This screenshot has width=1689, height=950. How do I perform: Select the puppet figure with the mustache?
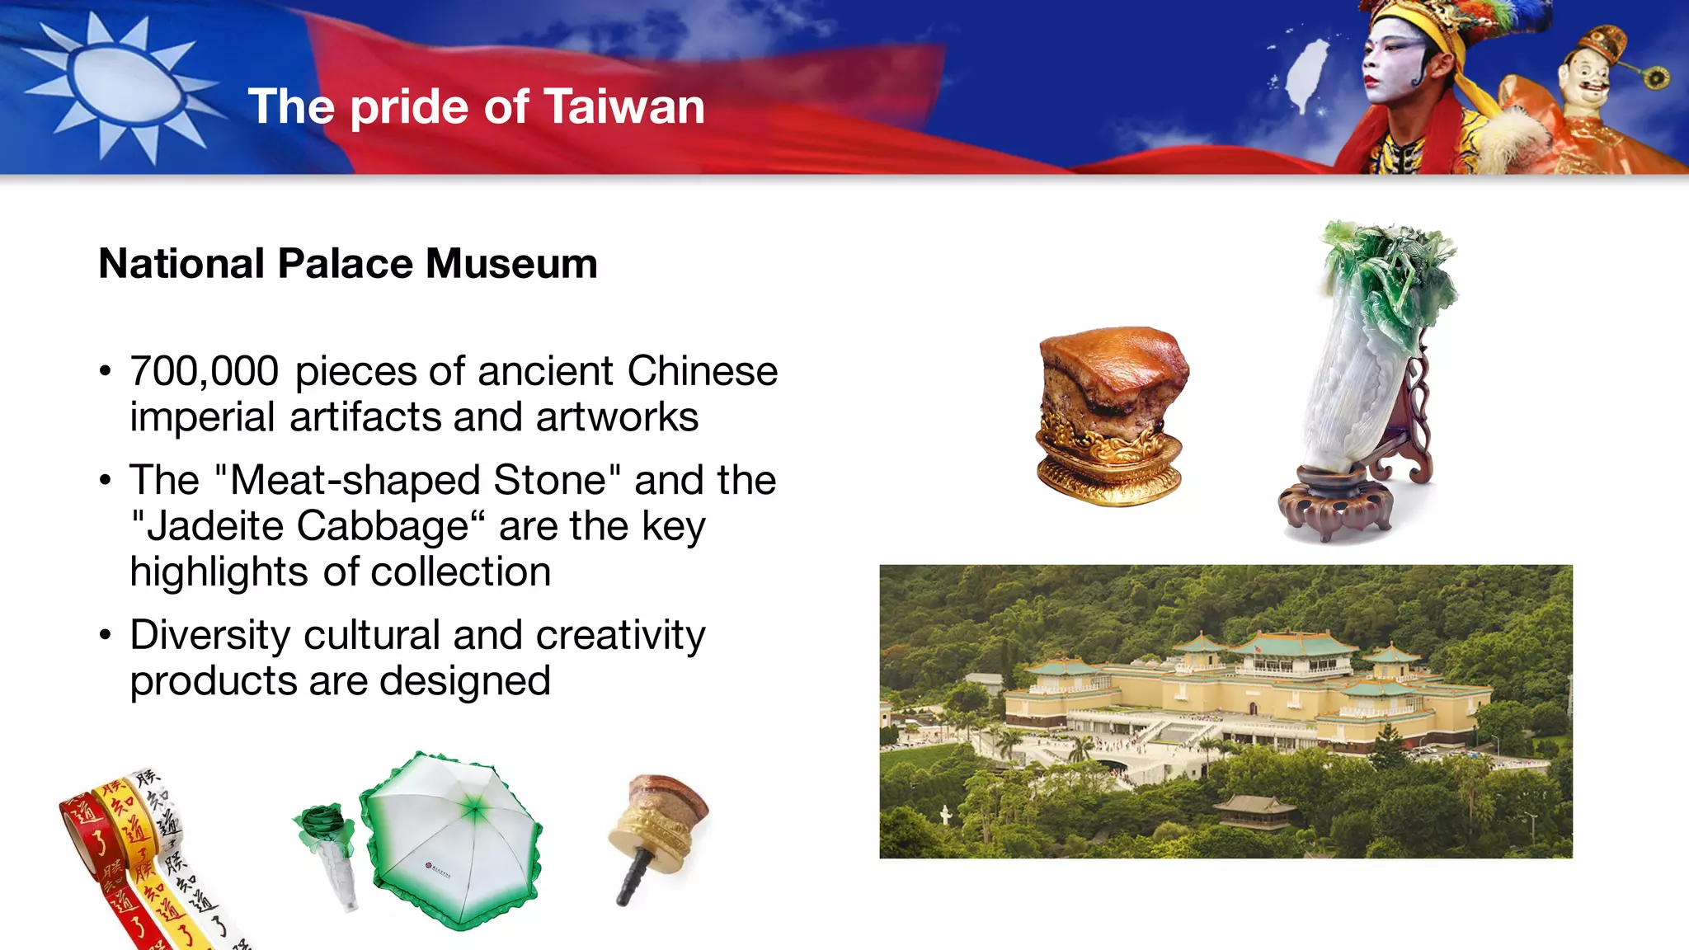pos(1588,82)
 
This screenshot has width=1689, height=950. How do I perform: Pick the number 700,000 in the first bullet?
pos(204,371)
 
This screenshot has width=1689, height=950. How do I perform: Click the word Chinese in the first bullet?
pos(702,371)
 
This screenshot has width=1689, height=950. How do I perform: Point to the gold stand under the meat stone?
pos(1109,470)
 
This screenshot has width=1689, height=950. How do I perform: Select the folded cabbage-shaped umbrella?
pos(330,849)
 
